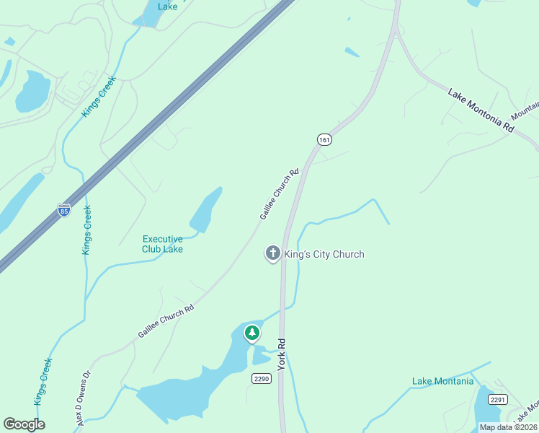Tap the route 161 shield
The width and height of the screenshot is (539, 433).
(x=324, y=139)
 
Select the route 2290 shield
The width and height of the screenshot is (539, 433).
(x=261, y=378)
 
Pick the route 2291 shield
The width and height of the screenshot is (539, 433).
(x=497, y=399)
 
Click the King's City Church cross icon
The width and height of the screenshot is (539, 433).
(x=272, y=253)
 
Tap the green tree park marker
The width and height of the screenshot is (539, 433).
(x=251, y=333)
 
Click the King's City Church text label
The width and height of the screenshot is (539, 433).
(x=324, y=254)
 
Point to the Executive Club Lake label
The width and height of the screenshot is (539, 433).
(x=162, y=244)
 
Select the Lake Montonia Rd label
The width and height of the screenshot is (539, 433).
(x=481, y=110)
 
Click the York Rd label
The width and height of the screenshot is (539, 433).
(x=282, y=354)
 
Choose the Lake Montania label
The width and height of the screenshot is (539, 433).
(x=442, y=381)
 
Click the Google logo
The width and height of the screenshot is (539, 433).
(x=24, y=424)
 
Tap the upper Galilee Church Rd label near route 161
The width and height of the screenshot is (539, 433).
(x=279, y=195)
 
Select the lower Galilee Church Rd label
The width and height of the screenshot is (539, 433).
(x=166, y=322)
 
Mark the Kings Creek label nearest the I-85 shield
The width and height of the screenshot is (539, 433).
(x=86, y=230)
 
